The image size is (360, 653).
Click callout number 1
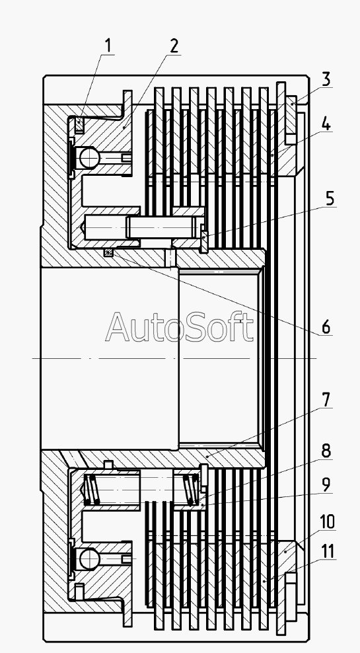(108, 46)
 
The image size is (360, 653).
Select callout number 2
(174, 46)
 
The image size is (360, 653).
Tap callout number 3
(326, 79)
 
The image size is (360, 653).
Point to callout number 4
(326, 124)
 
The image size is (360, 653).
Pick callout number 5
(330, 199)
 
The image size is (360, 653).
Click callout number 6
(326, 327)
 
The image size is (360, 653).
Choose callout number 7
(326, 401)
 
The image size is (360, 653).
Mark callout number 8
(326, 451)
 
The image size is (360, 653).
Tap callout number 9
(326, 485)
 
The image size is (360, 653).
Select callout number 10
(328, 521)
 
